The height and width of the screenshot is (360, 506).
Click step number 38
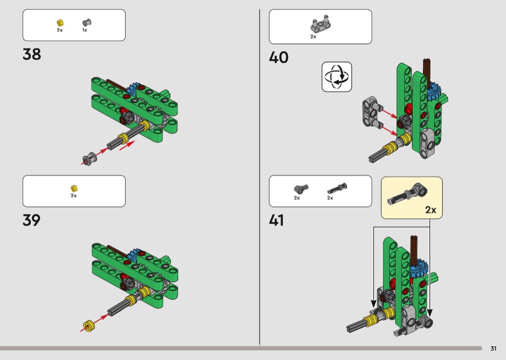coord(32,54)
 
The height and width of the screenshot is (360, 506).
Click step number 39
coord(32,220)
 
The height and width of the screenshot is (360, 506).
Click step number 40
coord(279,57)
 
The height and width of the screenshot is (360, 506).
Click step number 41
coord(277,220)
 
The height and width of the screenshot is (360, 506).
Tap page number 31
coord(493,348)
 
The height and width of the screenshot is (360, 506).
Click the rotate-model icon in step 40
coord(336,77)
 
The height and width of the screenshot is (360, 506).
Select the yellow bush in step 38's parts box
coord(60,23)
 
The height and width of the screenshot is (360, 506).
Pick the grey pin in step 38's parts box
coord(87,22)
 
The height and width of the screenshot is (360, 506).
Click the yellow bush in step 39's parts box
coord(74,188)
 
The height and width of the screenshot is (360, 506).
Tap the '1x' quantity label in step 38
coord(84,30)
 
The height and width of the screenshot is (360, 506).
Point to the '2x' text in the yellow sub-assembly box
coord(431,210)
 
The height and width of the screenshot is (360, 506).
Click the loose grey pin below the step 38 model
coord(89,158)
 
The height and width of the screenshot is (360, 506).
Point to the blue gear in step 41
coord(419,268)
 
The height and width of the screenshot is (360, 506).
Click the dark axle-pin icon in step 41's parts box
coord(337,188)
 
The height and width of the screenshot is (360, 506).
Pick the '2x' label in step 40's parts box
coord(313,37)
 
